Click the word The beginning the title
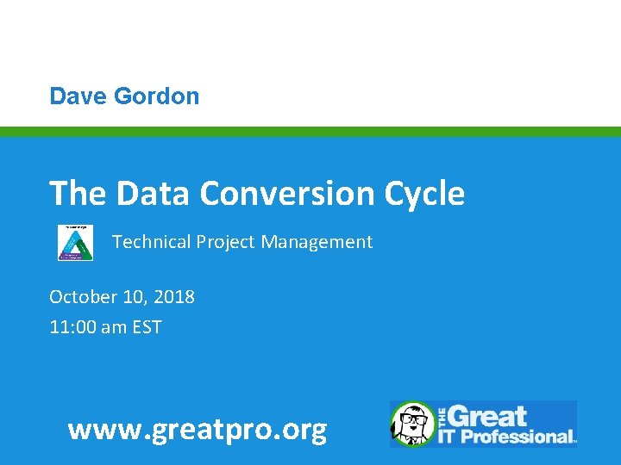78,193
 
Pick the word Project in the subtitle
227,243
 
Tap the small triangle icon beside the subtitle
76,242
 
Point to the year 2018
175,297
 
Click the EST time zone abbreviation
146,327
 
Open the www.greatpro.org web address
198,428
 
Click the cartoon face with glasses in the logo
414,424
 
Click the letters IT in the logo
448,436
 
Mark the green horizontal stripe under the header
310,132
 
